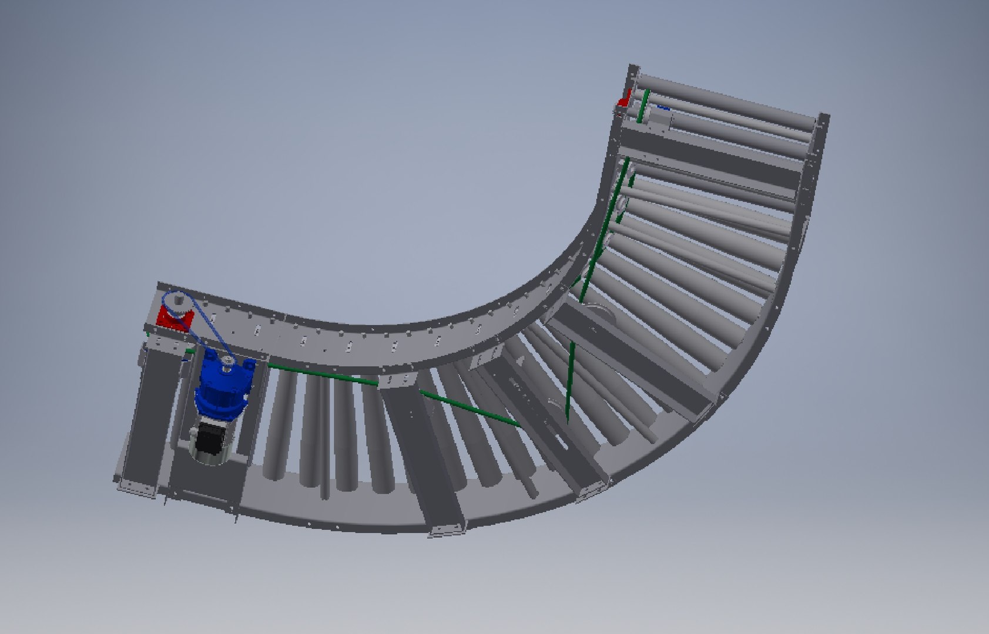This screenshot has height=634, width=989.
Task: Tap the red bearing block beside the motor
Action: point(175,321)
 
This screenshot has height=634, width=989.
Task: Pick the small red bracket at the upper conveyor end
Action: point(624,99)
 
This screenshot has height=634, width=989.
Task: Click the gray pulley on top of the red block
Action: point(175,304)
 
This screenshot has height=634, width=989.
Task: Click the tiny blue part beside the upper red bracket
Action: point(663,108)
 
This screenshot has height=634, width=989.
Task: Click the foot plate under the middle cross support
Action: point(447,531)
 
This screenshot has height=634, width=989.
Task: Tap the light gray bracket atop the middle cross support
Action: point(400,382)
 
